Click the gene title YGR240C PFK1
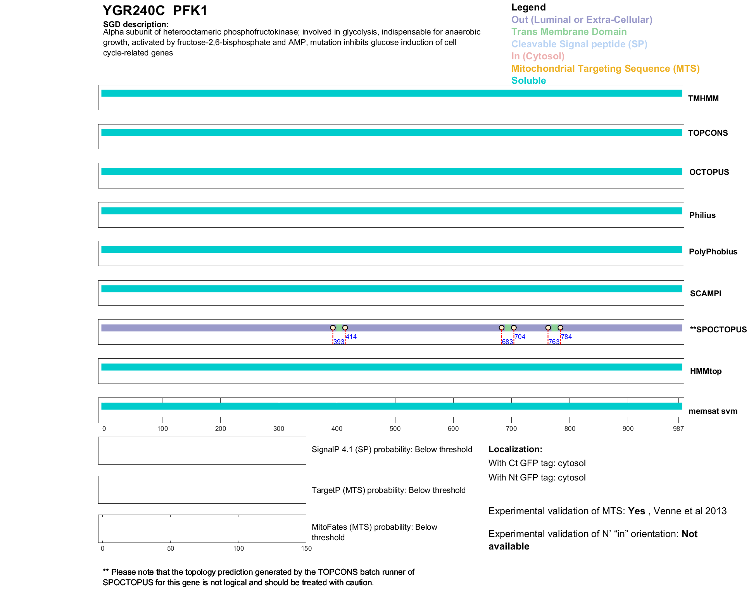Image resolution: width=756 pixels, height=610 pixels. click(155, 11)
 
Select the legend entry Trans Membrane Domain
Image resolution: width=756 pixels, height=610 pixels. click(569, 32)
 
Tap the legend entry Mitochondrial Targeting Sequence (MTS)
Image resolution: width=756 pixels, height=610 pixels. click(605, 69)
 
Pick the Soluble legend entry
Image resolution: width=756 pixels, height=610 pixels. click(528, 81)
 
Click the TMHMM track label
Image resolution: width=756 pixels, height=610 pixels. click(703, 98)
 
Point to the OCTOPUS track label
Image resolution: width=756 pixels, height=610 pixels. click(709, 172)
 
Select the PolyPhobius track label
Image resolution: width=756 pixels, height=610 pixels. click(713, 252)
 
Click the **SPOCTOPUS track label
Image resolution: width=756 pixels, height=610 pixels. click(718, 330)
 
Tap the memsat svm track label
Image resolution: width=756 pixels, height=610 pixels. click(713, 411)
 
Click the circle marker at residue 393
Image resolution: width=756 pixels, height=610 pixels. click(333, 328)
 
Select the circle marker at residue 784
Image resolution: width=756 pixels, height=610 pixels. click(560, 328)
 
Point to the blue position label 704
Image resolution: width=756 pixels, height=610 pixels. click(520, 337)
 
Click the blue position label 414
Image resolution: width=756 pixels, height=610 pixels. click(351, 337)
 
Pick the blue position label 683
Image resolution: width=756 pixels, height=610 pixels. click(507, 342)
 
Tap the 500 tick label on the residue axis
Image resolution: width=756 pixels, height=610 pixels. click(395, 429)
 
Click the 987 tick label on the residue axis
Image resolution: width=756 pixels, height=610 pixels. click(678, 429)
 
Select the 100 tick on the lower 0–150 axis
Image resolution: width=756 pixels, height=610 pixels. click(238, 548)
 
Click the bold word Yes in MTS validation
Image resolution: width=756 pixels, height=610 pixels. click(636, 511)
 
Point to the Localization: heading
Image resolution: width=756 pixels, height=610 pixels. click(515, 449)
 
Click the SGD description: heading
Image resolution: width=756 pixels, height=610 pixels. click(136, 24)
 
